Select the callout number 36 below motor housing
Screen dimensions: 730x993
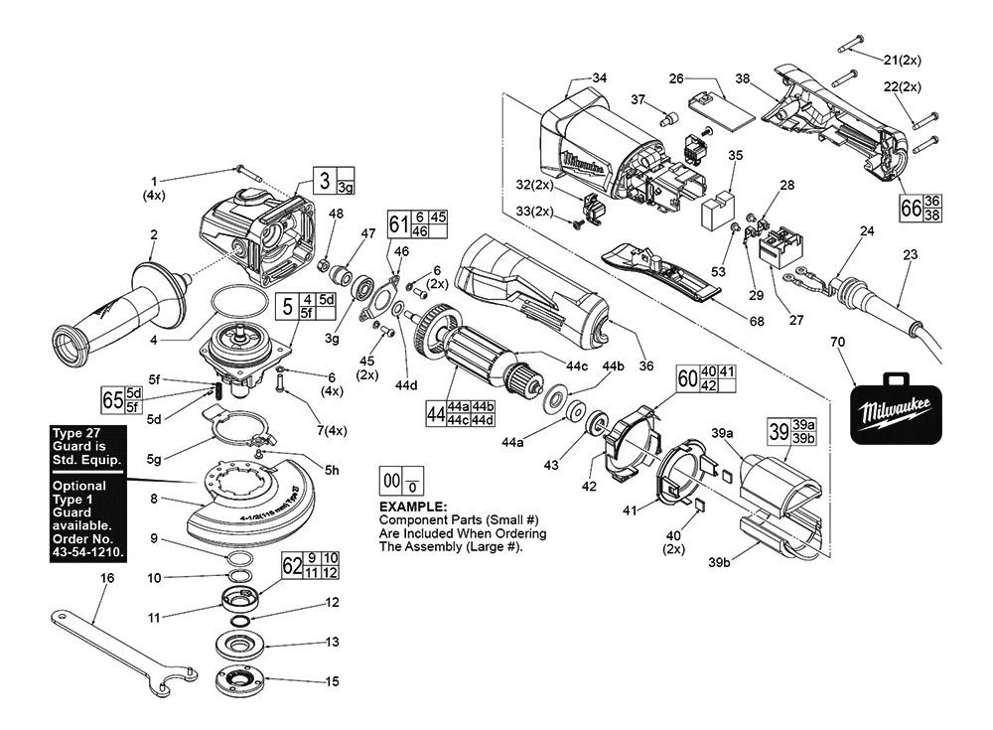[x=645, y=366]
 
